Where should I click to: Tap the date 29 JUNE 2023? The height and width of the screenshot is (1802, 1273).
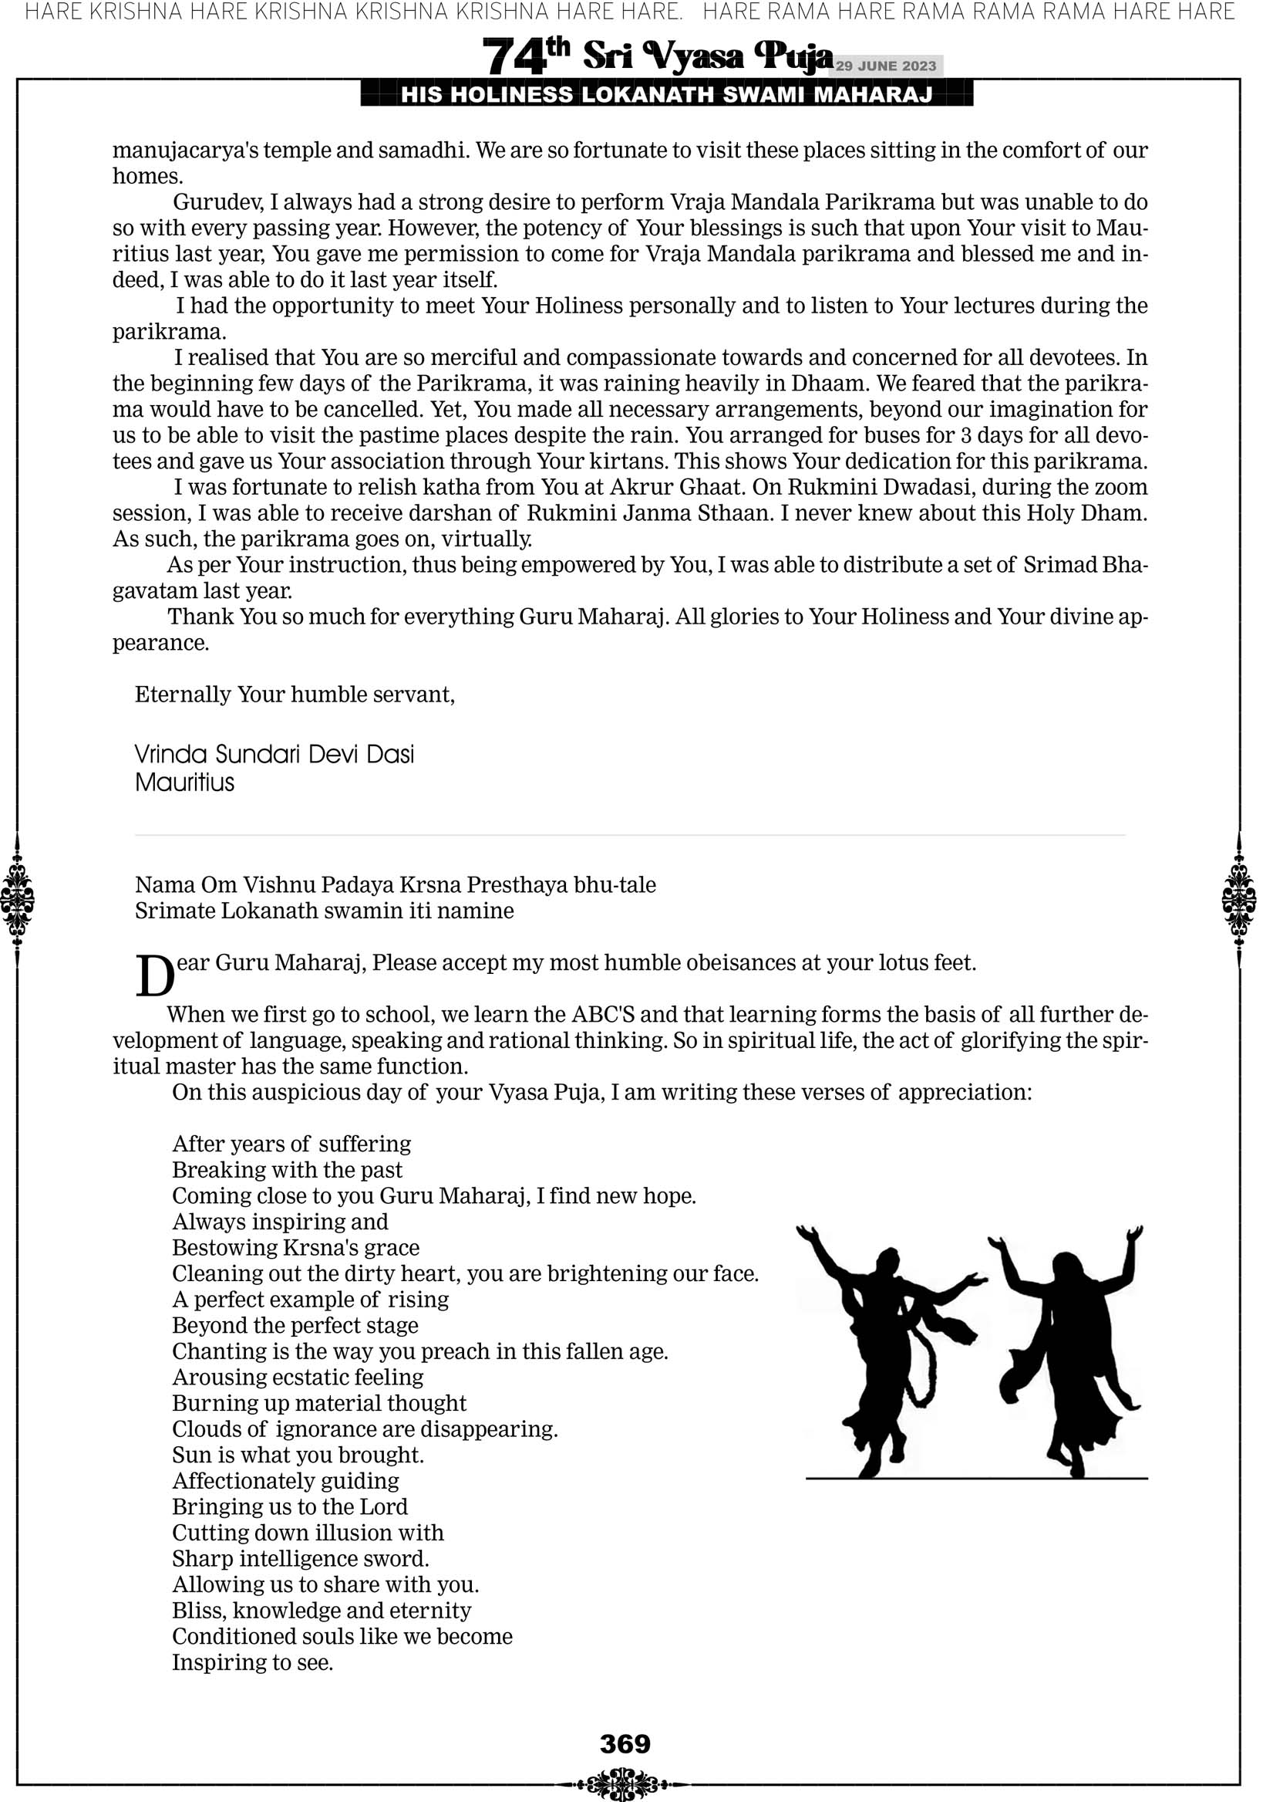coord(885,66)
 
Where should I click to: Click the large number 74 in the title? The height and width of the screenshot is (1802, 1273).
coord(514,57)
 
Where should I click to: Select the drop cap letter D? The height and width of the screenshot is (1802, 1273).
coord(154,976)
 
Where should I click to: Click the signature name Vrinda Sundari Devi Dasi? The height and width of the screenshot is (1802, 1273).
coord(274,754)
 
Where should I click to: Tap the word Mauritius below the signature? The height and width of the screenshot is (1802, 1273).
coord(184,783)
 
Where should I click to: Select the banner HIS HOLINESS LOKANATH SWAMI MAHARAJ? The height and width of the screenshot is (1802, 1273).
coord(667,95)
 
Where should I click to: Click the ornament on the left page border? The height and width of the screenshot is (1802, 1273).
coord(17,899)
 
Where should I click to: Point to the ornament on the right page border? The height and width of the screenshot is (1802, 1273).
coord(1239,899)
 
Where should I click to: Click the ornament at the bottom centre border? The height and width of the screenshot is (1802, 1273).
coord(625,1784)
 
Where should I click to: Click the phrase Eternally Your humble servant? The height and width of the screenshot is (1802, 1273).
coord(294,695)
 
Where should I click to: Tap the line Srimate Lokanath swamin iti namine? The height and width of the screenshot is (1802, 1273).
coord(324,911)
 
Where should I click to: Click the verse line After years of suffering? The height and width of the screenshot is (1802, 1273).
coord(291,1144)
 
